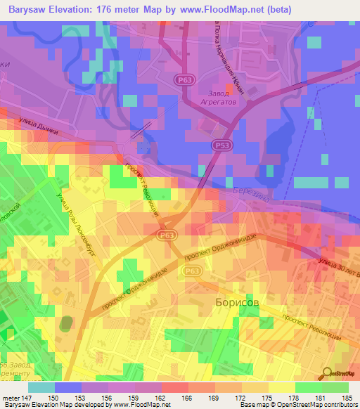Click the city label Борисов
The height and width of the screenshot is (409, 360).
[236, 301]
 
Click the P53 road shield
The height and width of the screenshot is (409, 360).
[220, 144]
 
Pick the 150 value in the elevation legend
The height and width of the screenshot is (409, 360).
[55, 398]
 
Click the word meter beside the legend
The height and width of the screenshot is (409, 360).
[12, 398]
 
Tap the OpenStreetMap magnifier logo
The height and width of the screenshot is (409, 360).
[327, 373]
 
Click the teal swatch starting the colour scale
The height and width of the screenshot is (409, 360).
[41, 387]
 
